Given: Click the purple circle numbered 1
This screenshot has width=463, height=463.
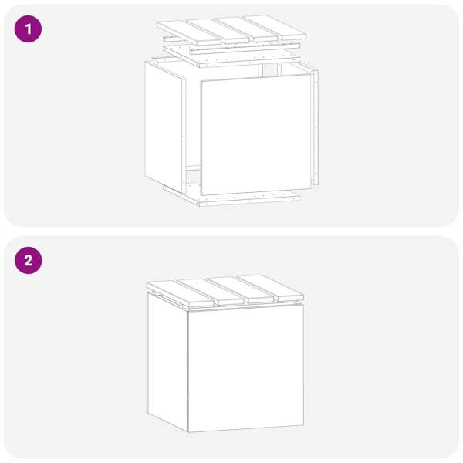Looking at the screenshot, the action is pos(28,29).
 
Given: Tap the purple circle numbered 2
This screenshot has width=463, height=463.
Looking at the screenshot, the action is pos(28,261).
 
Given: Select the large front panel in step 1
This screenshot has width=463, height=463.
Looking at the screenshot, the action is pos(255,134).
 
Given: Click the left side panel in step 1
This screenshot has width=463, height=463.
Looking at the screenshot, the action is pos(165,127).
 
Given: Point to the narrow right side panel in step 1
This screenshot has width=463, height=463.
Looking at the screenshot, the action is pos(316,127).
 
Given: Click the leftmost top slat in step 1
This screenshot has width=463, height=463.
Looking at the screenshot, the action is pos(189,33).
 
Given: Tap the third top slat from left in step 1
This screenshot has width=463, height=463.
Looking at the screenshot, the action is pos(247,29).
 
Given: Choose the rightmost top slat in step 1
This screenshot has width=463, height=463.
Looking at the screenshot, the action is pos(274,27).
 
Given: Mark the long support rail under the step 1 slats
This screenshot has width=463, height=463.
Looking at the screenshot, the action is pos(245,49).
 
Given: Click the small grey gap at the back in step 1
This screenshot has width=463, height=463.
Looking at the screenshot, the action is pos(269,69).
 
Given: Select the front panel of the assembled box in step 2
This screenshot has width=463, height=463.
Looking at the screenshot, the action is pos(245,367).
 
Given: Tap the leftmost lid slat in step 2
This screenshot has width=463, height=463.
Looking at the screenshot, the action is pos(180,293).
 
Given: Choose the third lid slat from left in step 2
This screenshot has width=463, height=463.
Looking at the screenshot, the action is pos(241,289).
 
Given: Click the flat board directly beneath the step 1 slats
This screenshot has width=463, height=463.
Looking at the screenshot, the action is pos(231,56).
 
